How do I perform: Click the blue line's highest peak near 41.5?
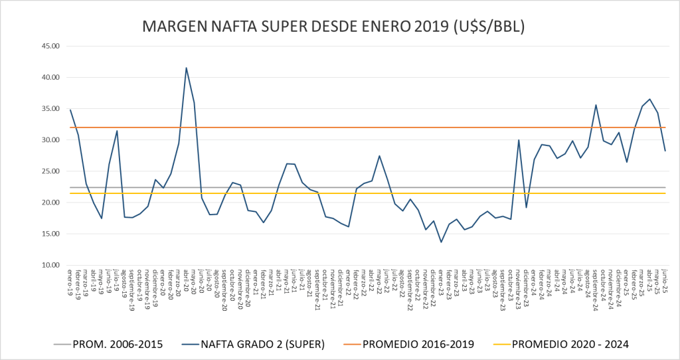[186, 68]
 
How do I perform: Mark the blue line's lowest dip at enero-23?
[441, 242]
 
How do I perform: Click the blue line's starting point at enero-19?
[70, 110]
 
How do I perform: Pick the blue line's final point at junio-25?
[665, 151]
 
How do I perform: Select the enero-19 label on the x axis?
[70, 282]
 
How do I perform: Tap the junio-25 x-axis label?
[664, 282]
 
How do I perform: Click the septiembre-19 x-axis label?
[132, 290]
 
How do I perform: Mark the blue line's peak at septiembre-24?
[596, 105]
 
